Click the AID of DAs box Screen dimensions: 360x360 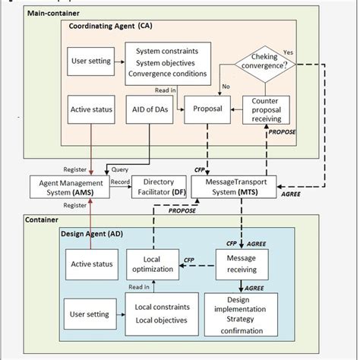coord(154,109)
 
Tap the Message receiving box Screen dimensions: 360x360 coord(241,266)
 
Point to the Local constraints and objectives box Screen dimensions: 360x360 coord(157,314)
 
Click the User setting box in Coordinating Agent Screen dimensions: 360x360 coord(91,62)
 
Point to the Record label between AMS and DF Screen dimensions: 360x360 coord(121,182)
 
